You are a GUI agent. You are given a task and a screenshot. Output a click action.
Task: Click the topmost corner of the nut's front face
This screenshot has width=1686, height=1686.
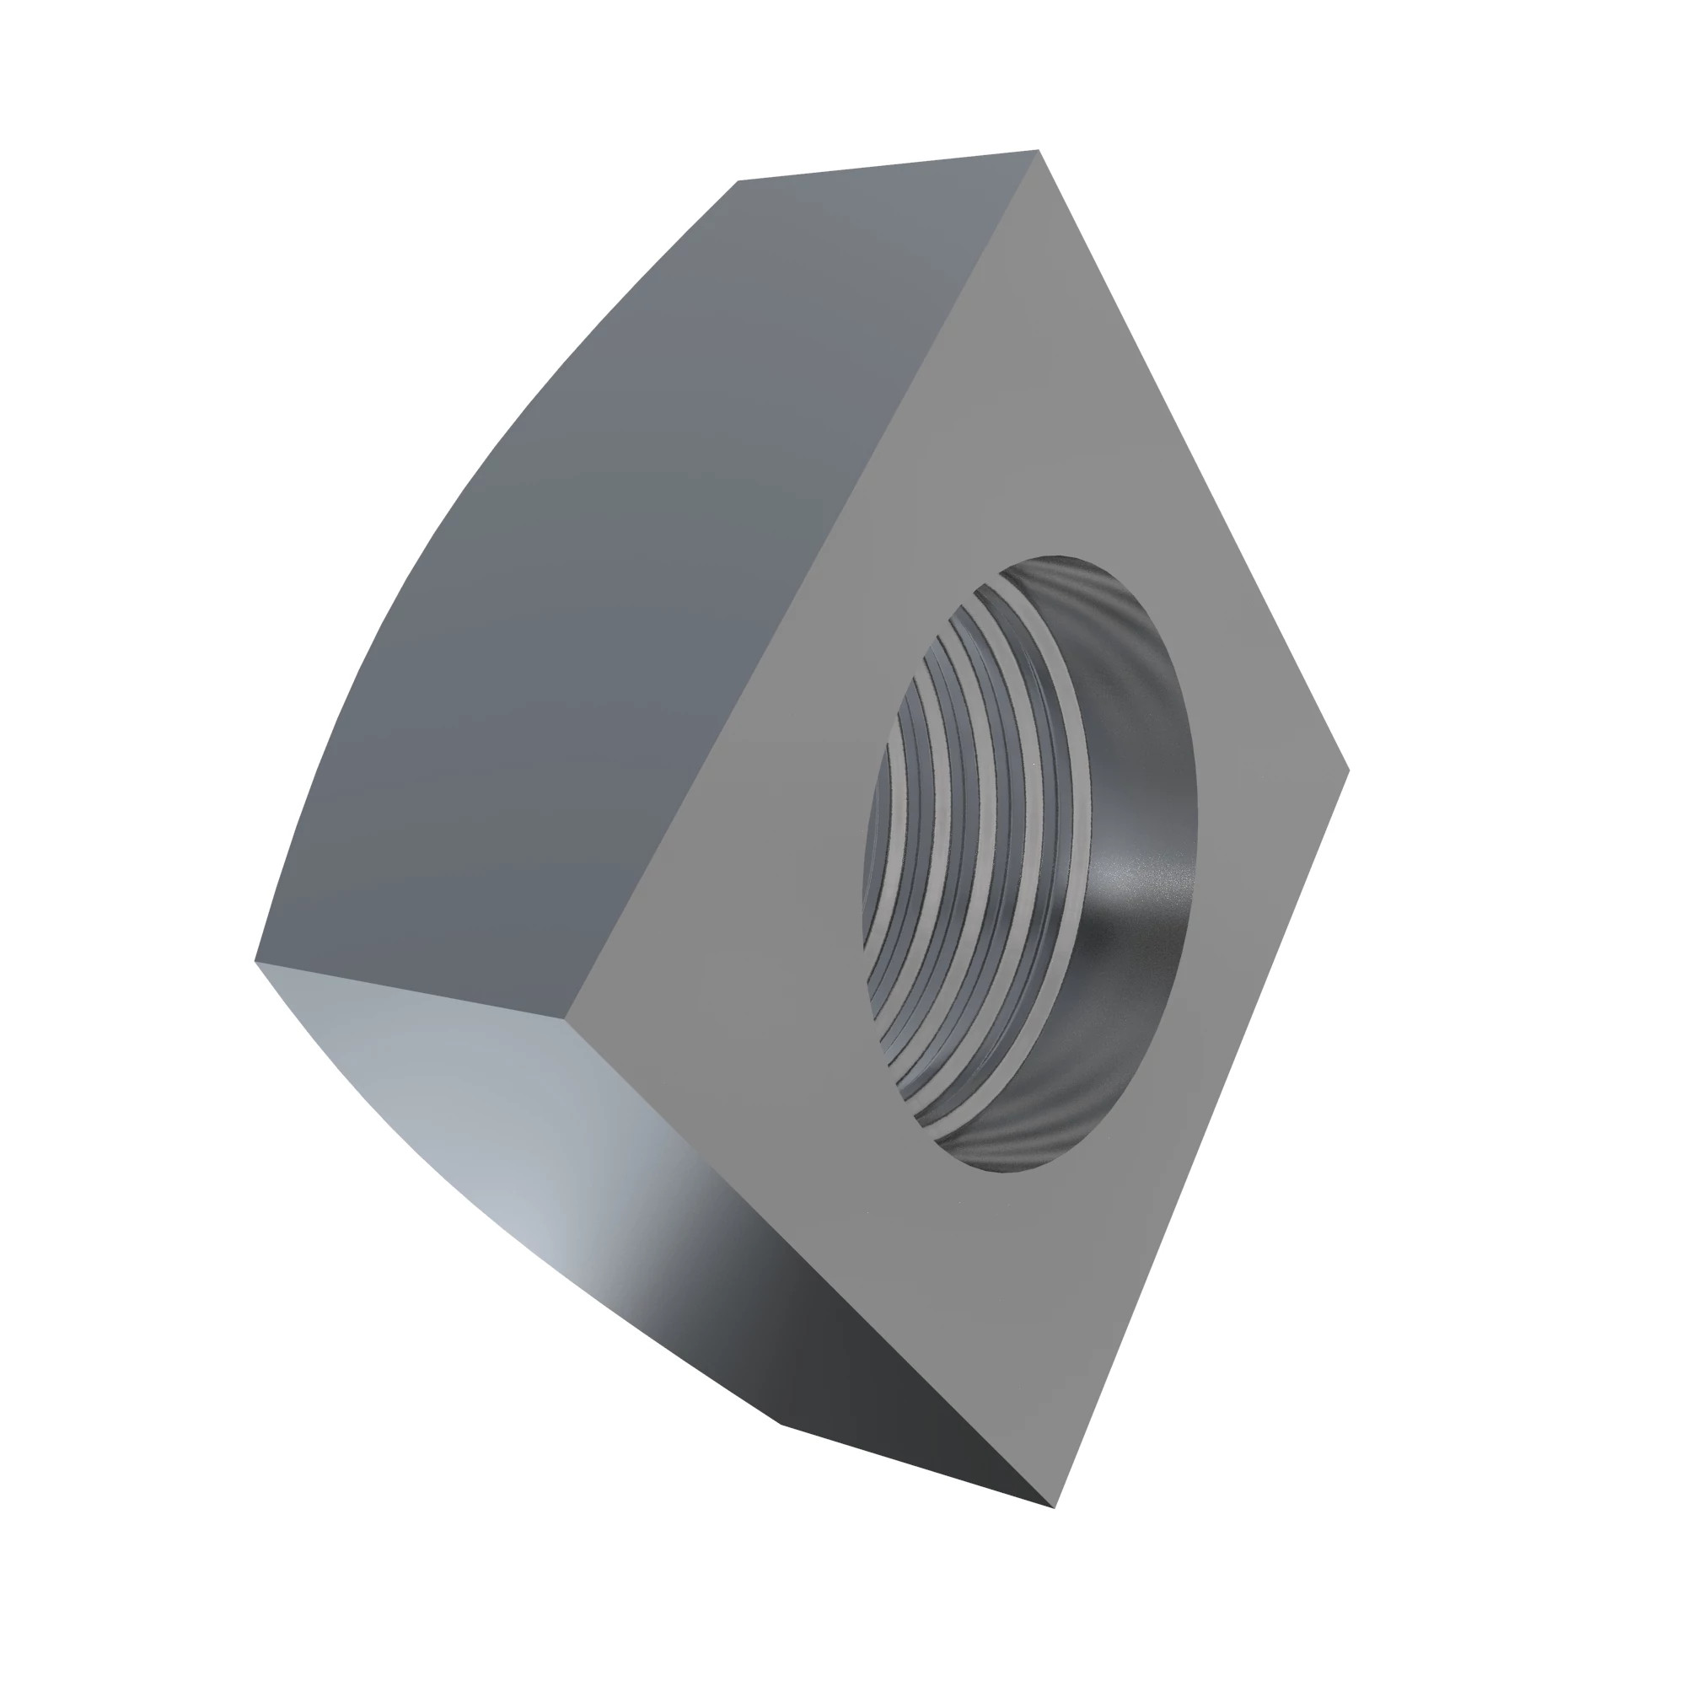(1039, 152)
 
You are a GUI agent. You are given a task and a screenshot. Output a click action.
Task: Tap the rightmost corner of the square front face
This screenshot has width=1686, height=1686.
(1348, 770)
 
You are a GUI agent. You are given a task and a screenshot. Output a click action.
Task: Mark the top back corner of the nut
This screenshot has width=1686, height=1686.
(738, 181)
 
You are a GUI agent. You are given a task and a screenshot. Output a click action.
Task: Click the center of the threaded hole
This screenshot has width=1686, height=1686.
(1030, 864)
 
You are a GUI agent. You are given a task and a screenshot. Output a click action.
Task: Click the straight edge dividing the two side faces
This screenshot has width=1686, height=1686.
(411, 990)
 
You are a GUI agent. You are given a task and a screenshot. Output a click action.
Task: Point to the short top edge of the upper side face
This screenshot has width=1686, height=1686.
(889, 166)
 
